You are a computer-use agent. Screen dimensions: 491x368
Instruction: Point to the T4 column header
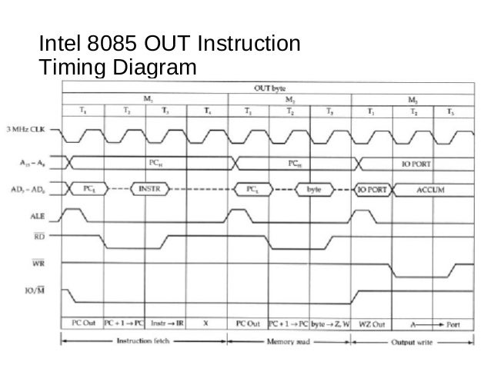pos(207,112)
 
